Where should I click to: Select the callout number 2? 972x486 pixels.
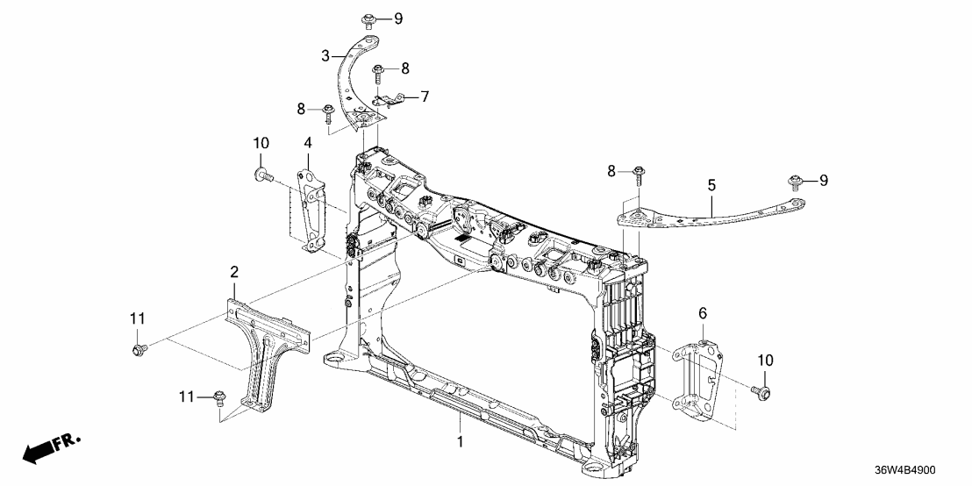234,273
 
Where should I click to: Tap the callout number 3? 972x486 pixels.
325,55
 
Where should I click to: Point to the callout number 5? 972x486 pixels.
711,185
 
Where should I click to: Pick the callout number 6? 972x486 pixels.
702,313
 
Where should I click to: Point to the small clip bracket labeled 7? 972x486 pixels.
390,102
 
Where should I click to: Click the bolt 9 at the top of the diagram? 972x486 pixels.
368,19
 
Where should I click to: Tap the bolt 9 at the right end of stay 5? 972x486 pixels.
796,182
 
